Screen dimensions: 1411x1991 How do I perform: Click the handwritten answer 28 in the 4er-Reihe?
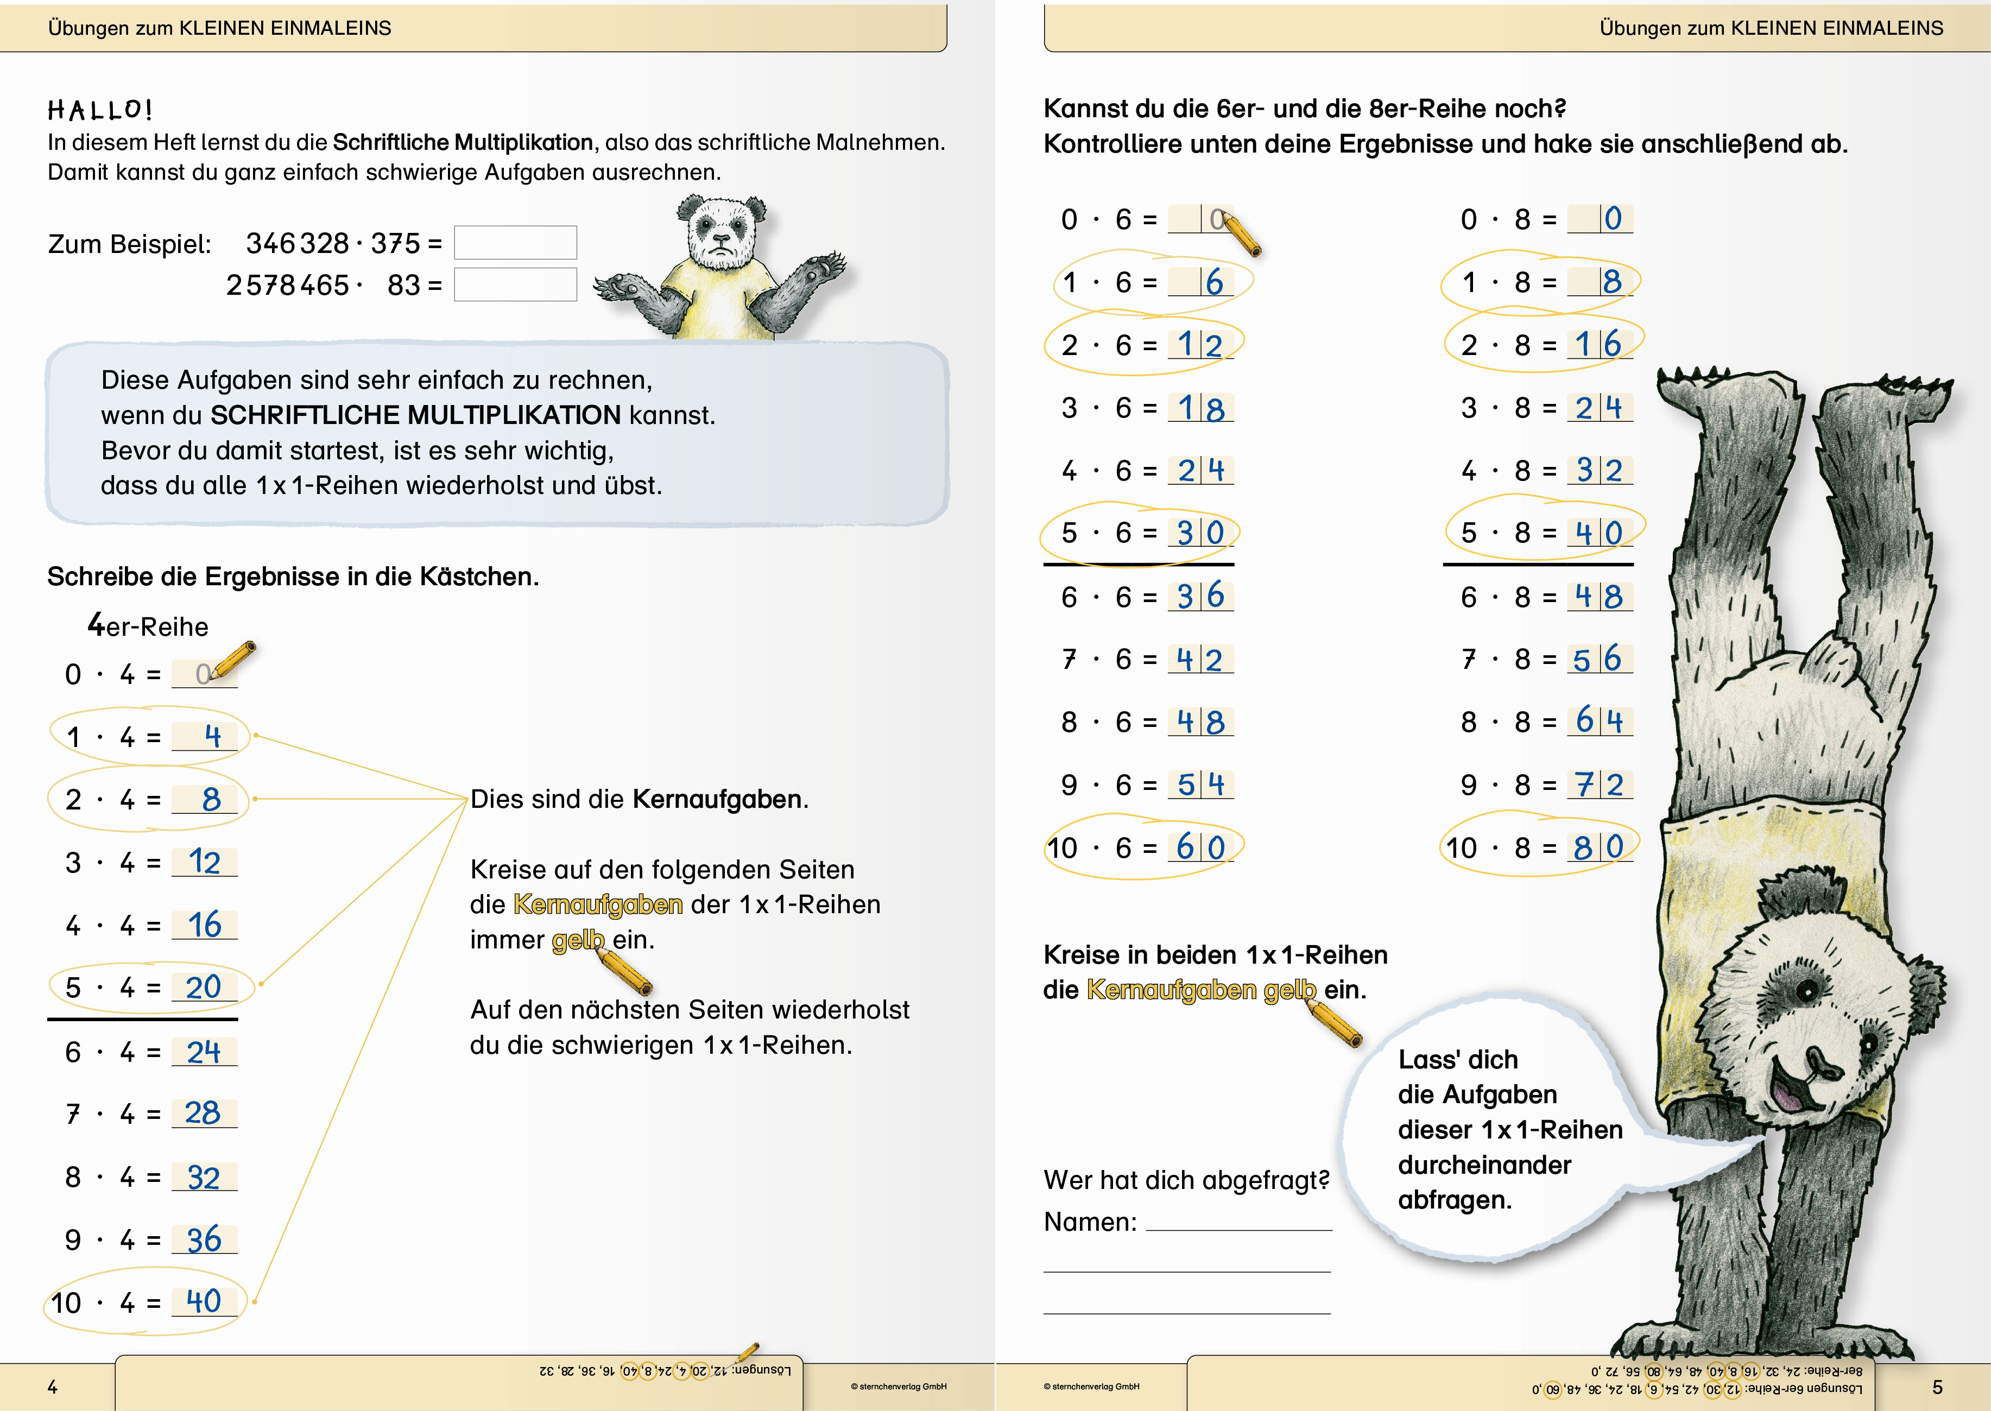(203, 1113)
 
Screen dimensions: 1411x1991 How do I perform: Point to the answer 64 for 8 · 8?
(1599, 721)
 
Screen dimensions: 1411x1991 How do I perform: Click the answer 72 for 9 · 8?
(1599, 784)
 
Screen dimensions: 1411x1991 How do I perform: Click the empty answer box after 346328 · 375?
(515, 243)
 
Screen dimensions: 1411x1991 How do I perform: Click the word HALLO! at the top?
(100, 110)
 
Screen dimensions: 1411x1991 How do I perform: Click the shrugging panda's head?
(721, 230)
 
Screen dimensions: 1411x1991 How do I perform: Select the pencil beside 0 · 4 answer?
(233, 660)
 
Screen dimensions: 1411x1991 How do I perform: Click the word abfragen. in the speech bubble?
(1455, 1200)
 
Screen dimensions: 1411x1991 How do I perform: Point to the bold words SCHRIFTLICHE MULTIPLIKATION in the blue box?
(415, 415)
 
